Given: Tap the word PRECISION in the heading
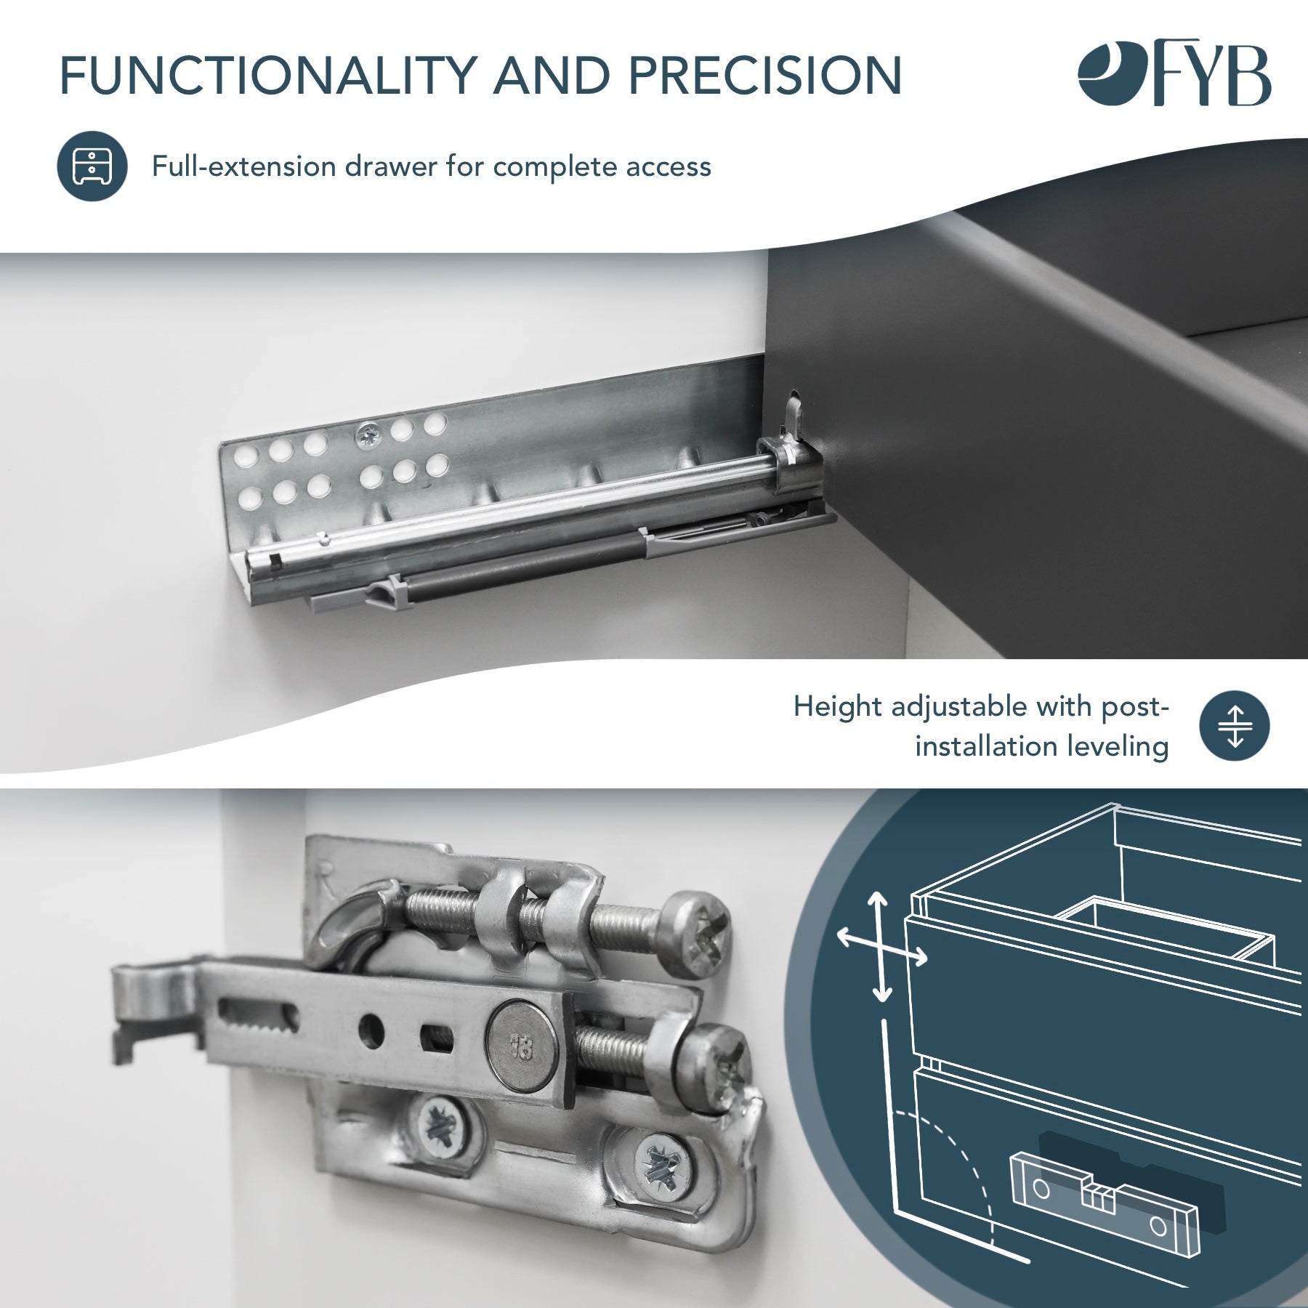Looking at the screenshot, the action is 764,76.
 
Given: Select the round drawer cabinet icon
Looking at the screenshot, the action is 92,166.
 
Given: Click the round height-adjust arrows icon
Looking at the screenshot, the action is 1235,726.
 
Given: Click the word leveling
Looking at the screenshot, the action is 1117,747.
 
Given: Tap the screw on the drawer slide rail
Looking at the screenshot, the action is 368,435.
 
